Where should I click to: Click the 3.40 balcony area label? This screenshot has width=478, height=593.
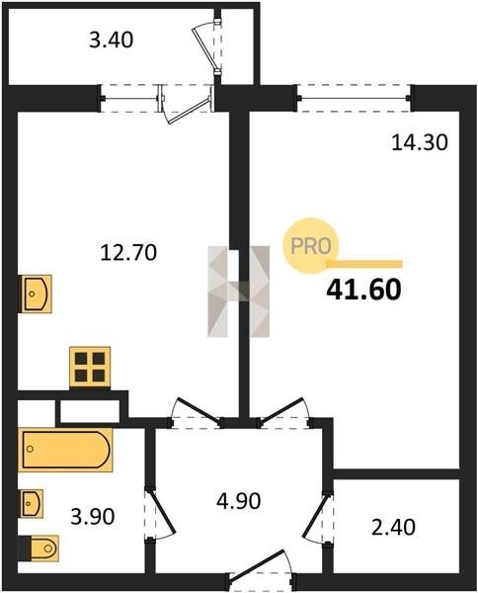pyautogui.click(x=111, y=41)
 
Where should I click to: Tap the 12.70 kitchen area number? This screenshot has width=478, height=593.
pyautogui.click(x=128, y=253)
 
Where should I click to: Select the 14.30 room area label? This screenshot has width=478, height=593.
pyautogui.click(x=420, y=143)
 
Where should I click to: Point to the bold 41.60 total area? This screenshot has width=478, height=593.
pyautogui.click(x=363, y=290)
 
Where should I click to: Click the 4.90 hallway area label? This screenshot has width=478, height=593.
pyautogui.click(x=238, y=501)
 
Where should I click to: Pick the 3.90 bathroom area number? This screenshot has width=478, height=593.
pyautogui.click(x=93, y=517)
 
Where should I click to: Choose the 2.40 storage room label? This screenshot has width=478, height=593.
pyautogui.click(x=393, y=527)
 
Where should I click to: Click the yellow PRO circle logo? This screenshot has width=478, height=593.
pyautogui.click(x=311, y=246)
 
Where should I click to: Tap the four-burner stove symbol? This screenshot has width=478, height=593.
pyautogui.click(x=90, y=367)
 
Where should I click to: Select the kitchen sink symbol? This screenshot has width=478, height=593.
pyautogui.click(x=36, y=294)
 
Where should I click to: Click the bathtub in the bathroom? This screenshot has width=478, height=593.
pyautogui.click(x=66, y=450)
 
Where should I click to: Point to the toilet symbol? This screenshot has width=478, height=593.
pyautogui.click(x=40, y=548)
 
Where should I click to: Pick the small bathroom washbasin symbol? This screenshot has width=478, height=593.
pyautogui.click(x=31, y=503)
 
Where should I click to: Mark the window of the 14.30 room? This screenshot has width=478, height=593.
pyautogui.click(x=355, y=99)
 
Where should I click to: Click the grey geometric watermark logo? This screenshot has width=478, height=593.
pyautogui.click(x=239, y=292)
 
